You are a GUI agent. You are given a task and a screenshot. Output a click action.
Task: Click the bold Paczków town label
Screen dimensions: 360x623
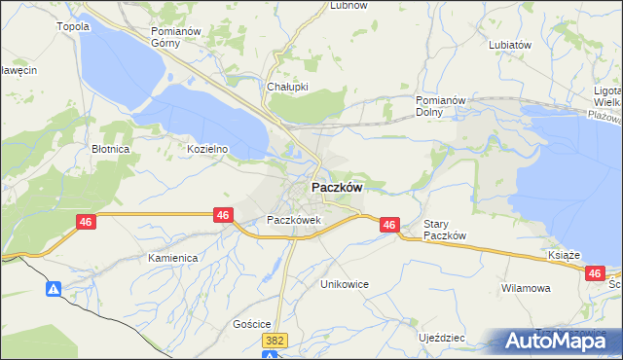pos(338,188)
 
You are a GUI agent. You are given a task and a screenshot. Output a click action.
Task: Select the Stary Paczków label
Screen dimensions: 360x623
pos(447,230)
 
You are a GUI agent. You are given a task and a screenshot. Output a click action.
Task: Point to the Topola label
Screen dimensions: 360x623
pos(74,26)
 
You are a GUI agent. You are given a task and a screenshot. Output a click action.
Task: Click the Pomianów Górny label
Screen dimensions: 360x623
pos(176,37)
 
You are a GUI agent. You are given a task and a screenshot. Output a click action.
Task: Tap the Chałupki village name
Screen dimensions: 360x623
pos(287,86)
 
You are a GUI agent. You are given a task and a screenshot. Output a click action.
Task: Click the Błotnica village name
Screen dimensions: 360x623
pos(110,150)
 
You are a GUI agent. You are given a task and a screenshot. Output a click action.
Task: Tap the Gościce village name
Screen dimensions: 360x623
pos(251,324)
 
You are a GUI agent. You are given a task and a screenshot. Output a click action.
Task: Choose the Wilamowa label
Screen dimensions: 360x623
pos(527,289)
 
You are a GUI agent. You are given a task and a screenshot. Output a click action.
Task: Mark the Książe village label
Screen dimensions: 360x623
pos(564,254)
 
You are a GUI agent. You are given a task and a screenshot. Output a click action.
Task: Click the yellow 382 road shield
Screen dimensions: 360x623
pos(277,340)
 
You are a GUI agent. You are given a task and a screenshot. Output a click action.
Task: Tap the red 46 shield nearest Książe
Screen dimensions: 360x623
pos(596,274)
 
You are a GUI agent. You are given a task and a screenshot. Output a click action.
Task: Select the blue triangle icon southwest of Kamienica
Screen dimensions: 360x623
pos(54,289)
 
